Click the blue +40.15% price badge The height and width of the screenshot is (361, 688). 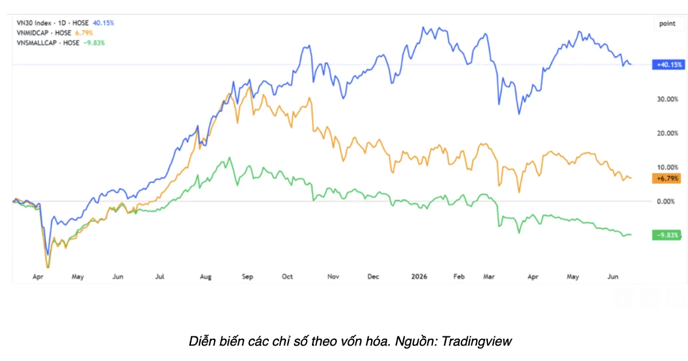(x=669, y=65)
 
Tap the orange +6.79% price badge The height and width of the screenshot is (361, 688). (x=666, y=178)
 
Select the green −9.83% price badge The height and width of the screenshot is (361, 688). (x=666, y=235)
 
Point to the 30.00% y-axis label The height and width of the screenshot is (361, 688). (x=667, y=99)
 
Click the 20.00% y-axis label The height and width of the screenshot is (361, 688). (x=667, y=133)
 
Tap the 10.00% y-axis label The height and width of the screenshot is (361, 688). (x=667, y=167)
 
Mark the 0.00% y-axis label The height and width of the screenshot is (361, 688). (x=666, y=201)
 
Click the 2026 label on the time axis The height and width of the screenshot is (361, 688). (x=419, y=277)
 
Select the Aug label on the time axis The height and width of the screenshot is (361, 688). (x=205, y=277)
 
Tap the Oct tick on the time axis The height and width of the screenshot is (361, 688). (x=287, y=277)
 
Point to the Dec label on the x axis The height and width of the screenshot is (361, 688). (x=373, y=277)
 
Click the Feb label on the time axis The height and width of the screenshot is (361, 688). (x=459, y=277)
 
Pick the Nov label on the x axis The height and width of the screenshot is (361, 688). (x=333, y=277)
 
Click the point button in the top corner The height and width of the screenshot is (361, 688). (x=667, y=23)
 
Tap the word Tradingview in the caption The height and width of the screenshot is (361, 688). (x=476, y=342)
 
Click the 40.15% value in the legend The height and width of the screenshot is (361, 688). (x=104, y=23)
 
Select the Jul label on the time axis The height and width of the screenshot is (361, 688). (x=160, y=277)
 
